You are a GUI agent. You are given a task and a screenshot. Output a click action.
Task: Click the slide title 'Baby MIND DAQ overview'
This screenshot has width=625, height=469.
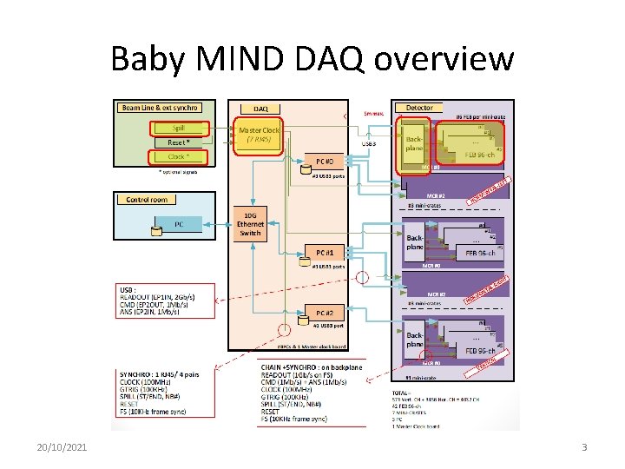[312, 59]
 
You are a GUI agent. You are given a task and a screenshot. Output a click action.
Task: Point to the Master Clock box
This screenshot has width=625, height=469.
[260, 135]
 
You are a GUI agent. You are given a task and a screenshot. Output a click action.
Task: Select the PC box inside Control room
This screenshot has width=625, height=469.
[179, 224]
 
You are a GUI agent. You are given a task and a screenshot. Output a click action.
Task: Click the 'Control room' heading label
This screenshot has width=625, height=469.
[147, 200]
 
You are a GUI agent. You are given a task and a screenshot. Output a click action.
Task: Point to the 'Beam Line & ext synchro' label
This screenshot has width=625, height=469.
[160, 108]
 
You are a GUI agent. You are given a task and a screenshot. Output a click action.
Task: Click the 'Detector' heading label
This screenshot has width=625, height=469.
[419, 108]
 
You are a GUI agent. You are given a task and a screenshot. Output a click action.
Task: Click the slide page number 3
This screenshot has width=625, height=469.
[584, 446]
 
